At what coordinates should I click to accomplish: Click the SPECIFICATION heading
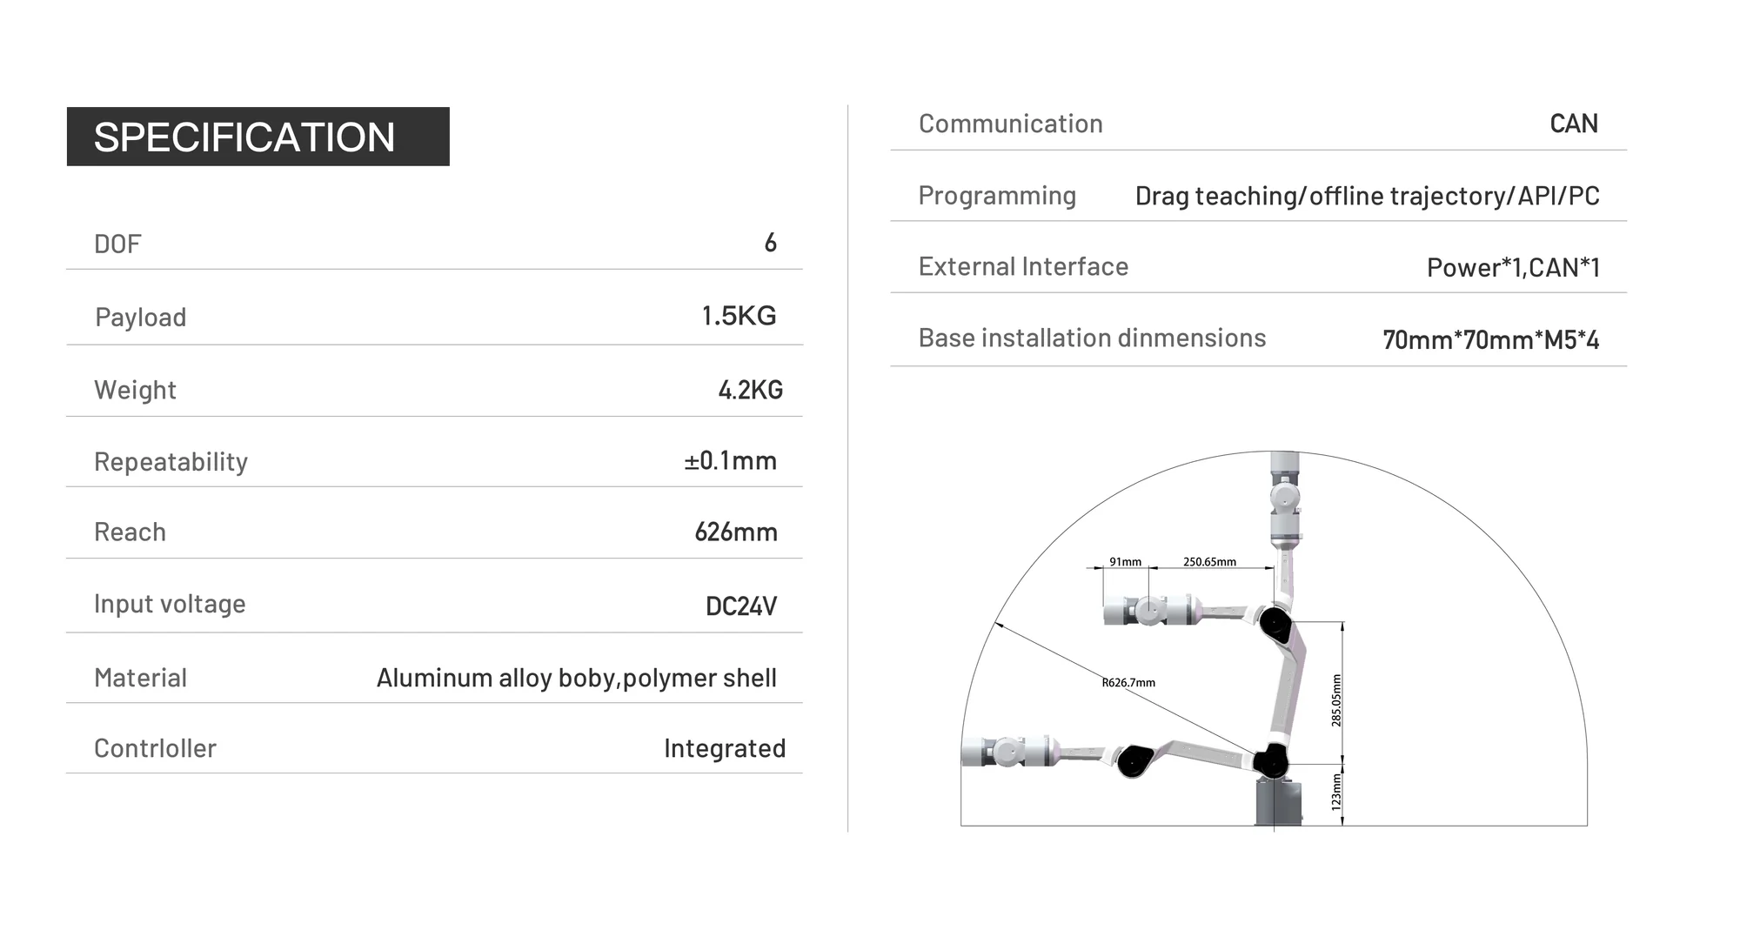244,137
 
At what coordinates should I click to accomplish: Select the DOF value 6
770,243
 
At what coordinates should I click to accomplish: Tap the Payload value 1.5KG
739,316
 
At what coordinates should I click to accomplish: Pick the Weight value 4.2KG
750,390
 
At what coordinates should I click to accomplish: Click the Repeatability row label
171,461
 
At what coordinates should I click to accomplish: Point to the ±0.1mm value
730,460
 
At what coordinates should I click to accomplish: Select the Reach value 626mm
736,532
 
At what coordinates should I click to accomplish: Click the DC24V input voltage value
741,606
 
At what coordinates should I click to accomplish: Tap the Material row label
140,678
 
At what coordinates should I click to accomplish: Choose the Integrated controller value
725,748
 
